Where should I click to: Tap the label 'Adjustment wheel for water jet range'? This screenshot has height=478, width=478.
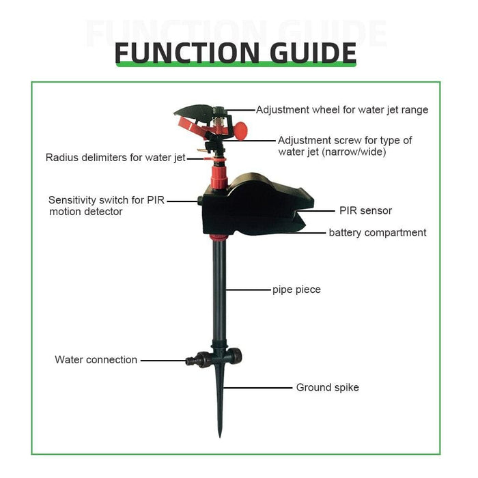[342, 109]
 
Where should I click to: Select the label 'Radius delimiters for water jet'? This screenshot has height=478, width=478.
[115, 158]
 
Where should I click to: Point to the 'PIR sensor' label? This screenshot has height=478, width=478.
[365, 211]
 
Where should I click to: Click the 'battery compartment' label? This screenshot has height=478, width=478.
[378, 233]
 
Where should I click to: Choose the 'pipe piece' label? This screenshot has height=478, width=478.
[296, 290]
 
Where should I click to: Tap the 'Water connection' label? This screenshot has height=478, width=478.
[96, 360]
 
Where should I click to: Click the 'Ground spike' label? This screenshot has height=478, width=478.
[327, 388]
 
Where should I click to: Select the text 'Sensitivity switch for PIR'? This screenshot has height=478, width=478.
[107, 200]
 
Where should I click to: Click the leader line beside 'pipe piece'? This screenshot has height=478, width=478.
[249, 290]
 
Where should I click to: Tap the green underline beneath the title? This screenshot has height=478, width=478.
[236, 64]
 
